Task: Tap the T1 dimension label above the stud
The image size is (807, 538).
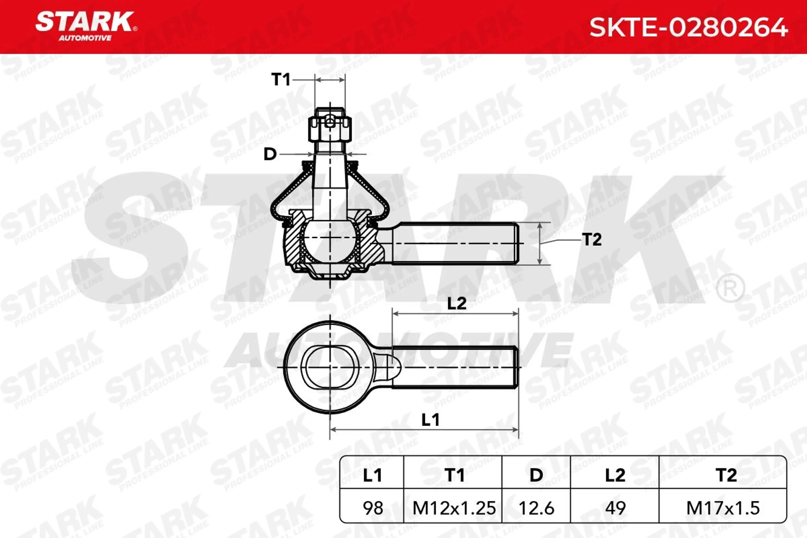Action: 281,80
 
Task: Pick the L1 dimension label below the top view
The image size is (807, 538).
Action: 430,420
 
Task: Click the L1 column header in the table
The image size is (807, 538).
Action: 372,475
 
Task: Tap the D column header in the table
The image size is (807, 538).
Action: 536,475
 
